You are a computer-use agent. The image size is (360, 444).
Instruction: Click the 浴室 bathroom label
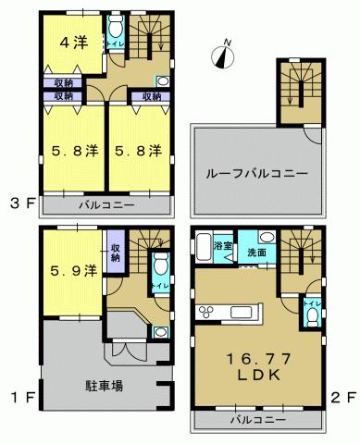point(222,247)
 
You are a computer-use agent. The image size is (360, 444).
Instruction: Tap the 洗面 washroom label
point(255,252)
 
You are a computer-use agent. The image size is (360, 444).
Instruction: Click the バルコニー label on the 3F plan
point(106,203)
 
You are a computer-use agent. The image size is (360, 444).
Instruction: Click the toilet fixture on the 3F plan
point(115,27)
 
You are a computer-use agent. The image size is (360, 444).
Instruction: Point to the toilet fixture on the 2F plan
point(311,316)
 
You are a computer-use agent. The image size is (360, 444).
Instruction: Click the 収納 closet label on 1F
point(115,251)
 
